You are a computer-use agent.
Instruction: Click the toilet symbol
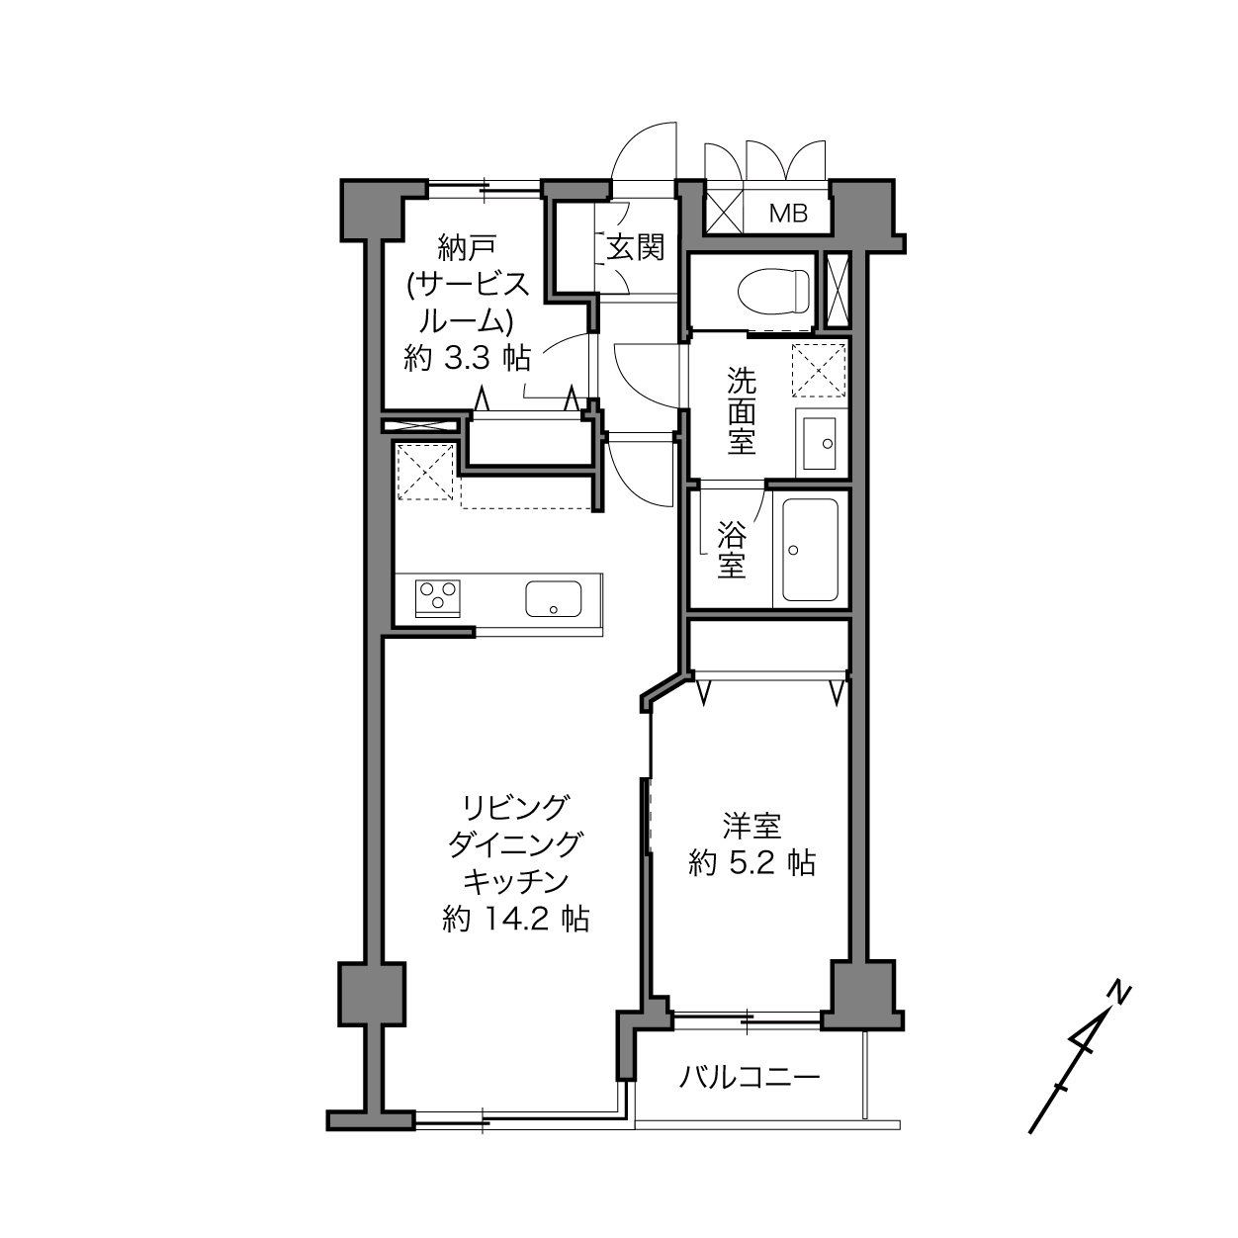tap(773, 292)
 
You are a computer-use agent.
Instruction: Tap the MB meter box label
tap(788, 214)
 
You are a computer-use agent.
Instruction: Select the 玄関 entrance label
tap(636, 247)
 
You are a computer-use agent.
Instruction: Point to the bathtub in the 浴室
tap(810, 550)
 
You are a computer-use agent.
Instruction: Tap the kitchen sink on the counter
tap(553, 599)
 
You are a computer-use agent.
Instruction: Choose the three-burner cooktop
tap(437, 597)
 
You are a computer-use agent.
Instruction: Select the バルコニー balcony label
tap(750, 1077)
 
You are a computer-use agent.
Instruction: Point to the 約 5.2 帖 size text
tap(752, 863)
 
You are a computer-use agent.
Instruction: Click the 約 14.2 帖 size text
tap(515, 920)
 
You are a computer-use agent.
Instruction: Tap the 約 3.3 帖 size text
tap(467, 358)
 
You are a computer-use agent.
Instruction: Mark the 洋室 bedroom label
tap(752, 827)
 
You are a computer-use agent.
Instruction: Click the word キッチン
tap(516, 882)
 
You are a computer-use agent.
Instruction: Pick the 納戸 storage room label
tap(467, 247)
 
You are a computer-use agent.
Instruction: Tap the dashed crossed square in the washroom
tap(819, 371)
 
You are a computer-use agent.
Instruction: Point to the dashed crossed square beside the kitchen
tap(424, 472)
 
